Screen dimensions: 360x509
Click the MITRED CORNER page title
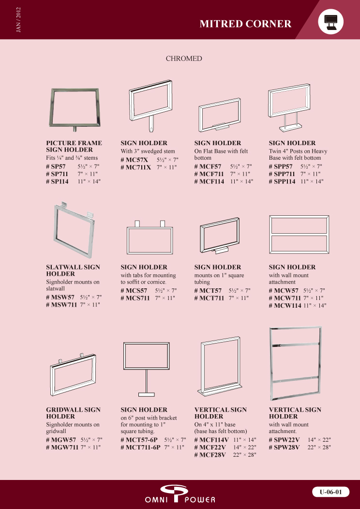[x=245, y=24]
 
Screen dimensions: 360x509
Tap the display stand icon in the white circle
[x=331, y=22]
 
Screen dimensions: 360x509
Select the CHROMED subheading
[x=184, y=59]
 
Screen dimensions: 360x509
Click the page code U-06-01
[x=331, y=492]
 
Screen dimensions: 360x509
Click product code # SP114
[x=58, y=181]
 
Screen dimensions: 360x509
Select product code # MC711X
[x=135, y=167]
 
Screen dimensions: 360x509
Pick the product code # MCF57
[x=208, y=166]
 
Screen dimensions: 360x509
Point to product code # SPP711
[x=282, y=174]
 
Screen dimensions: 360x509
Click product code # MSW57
[x=60, y=297]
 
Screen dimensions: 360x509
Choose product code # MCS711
[x=135, y=298]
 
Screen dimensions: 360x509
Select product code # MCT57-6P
[x=139, y=440]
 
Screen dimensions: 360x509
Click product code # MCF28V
[x=210, y=455]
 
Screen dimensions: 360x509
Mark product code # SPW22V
[x=284, y=440]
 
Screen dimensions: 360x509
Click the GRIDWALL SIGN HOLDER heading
[x=74, y=413]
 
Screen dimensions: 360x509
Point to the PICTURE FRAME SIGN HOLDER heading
[x=74, y=147]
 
